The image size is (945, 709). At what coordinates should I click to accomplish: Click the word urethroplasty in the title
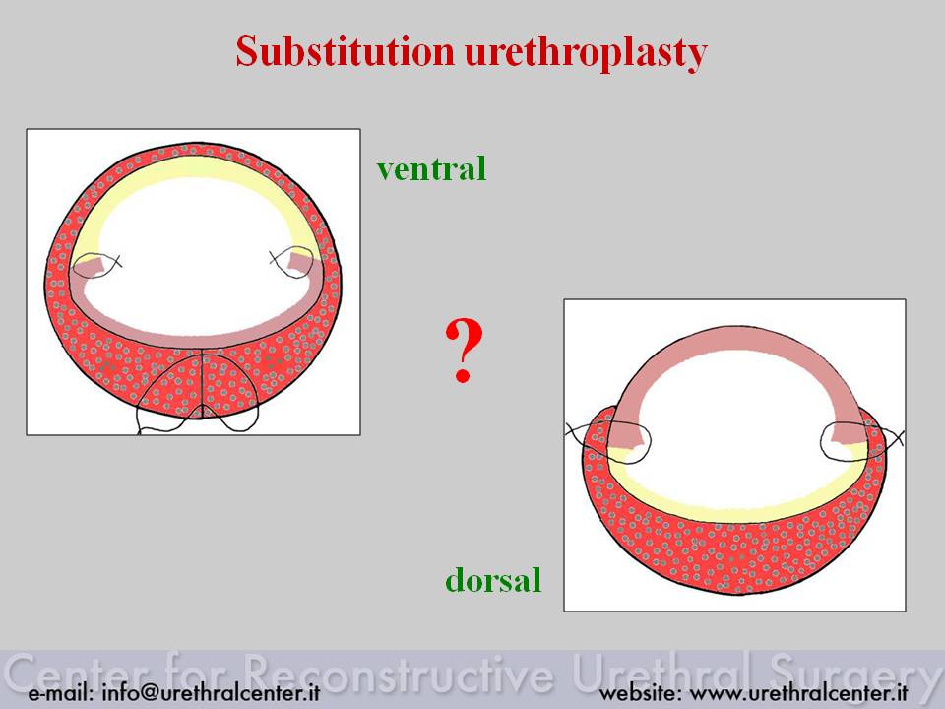pos(586,53)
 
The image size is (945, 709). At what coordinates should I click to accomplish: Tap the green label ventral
pos(431,168)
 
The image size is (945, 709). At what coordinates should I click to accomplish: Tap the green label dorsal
pos(493,579)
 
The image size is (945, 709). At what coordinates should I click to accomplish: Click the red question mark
pos(464,351)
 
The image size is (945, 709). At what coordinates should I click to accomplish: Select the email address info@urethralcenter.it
pos(211,692)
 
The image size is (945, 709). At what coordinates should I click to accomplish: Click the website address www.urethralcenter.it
pos(798,692)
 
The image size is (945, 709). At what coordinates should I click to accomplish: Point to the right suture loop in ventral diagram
pos(293,264)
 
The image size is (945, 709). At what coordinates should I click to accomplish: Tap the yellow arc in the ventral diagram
pos(193,167)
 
